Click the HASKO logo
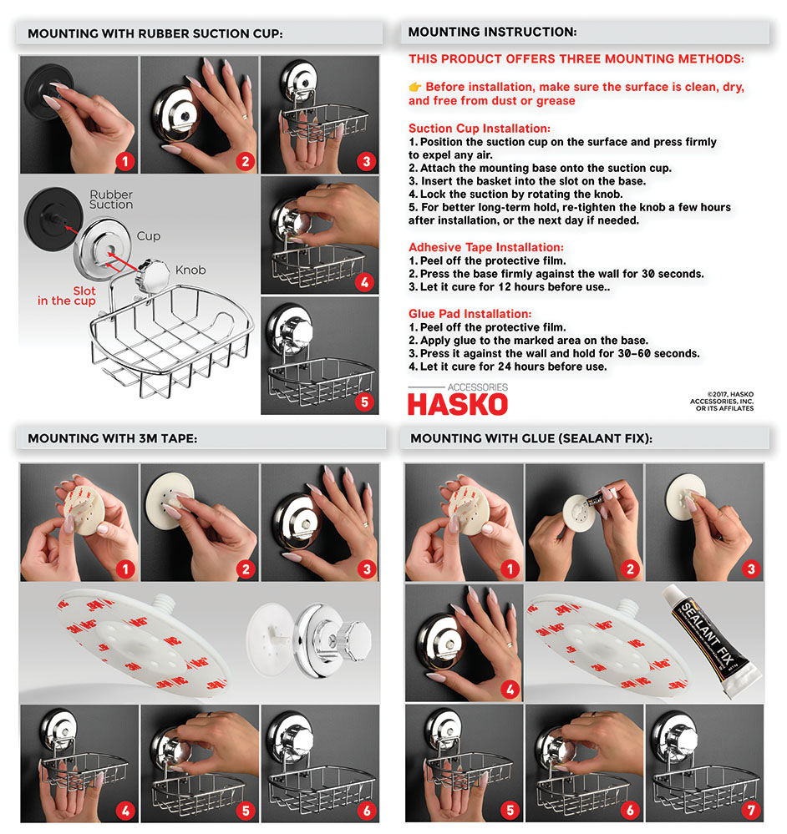click(457, 402)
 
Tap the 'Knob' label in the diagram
click(191, 270)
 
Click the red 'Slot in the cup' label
click(66, 296)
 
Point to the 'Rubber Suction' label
click(111, 200)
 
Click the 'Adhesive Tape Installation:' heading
click(485, 247)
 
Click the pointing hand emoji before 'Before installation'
click(415, 87)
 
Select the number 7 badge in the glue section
click(751, 809)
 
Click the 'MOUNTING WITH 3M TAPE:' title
click(112, 437)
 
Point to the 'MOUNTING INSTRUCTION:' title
click(492, 33)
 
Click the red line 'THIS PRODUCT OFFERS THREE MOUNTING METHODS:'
click(576, 59)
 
